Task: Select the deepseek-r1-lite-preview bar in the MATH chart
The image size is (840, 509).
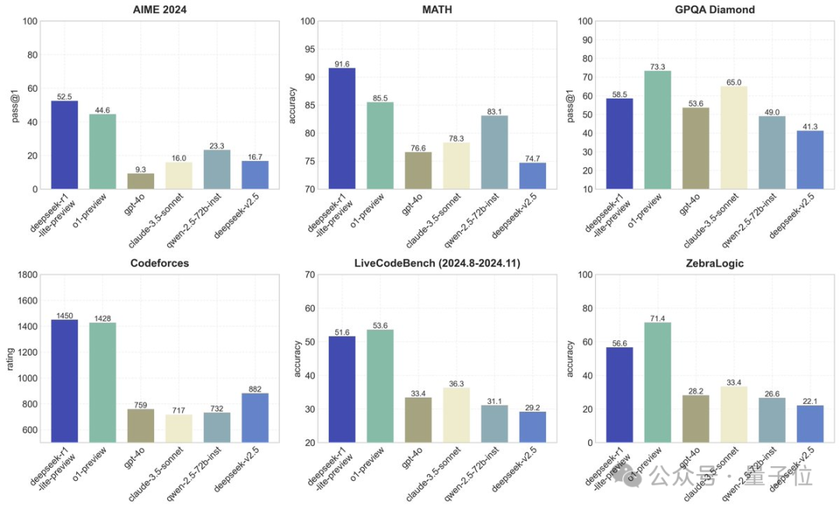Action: click(x=341, y=128)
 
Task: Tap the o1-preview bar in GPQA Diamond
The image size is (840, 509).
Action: click(x=657, y=129)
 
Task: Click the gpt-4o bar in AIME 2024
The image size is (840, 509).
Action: click(x=141, y=181)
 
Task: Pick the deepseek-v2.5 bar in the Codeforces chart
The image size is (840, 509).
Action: click(x=255, y=417)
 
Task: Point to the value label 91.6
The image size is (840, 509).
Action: click(x=341, y=64)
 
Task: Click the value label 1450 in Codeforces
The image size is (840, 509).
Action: click(x=65, y=315)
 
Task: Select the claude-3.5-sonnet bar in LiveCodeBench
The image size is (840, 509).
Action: click(x=456, y=415)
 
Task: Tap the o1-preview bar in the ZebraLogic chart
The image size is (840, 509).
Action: click(x=657, y=382)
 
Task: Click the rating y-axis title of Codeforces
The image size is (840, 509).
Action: click(x=10, y=358)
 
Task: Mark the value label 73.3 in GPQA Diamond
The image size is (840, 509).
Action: click(x=657, y=67)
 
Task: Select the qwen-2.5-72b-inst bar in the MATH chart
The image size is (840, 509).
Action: click(x=494, y=152)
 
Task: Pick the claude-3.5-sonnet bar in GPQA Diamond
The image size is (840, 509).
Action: click(x=733, y=137)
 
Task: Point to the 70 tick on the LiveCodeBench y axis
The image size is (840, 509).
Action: click(x=309, y=275)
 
